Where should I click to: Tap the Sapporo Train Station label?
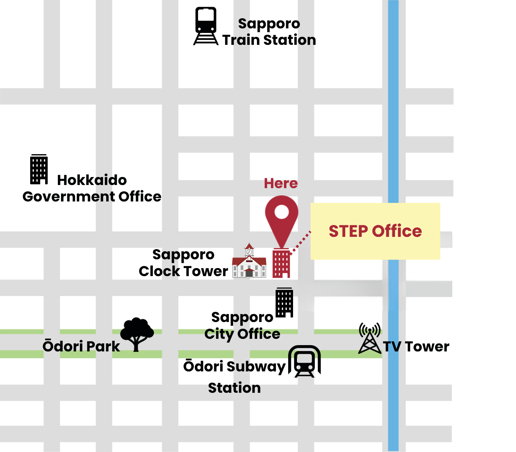click(269, 32)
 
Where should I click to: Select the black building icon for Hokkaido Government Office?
click(39, 169)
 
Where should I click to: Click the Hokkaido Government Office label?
click(92, 189)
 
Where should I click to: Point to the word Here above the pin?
click(281, 183)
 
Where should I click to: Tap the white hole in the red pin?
click(281, 211)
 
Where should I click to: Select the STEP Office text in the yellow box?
click(375, 231)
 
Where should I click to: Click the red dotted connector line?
click(301, 242)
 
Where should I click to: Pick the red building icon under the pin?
click(281, 263)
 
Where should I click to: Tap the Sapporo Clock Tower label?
click(183, 263)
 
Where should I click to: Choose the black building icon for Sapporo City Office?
click(284, 302)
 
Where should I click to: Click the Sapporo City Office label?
click(242, 326)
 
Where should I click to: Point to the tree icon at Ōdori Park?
click(137, 333)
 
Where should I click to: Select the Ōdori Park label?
click(81, 346)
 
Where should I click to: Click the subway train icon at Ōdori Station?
click(304, 361)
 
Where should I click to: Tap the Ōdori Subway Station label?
click(234, 377)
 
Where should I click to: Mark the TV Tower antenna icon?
click(369, 338)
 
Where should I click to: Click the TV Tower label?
click(416, 347)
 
